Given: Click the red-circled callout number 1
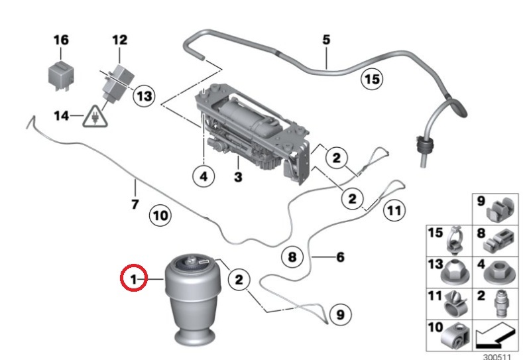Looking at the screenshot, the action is click(134, 278).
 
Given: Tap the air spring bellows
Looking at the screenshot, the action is click(193, 300).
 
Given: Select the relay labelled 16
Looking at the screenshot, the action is click(60, 76).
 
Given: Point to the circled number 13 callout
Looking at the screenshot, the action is click(144, 96).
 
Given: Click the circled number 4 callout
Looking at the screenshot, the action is click(203, 176).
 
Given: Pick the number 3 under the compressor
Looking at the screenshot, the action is click(238, 176).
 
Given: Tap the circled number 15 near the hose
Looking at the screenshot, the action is click(372, 79).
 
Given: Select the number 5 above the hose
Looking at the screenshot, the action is click(326, 40).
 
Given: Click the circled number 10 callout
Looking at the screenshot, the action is click(160, 215).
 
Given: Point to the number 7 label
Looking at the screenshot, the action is click(135, 204).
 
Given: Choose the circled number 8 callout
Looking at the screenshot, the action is click(292, 257).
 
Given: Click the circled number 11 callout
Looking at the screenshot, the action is click(394, 211).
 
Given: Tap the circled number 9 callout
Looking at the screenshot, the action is click(340, 315).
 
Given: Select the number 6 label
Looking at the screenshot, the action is click(340, 257).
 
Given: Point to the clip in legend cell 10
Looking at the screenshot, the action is click(455, 336).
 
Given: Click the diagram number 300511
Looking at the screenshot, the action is click(497, 357).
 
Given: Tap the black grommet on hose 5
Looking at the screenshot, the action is click(424, 144).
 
